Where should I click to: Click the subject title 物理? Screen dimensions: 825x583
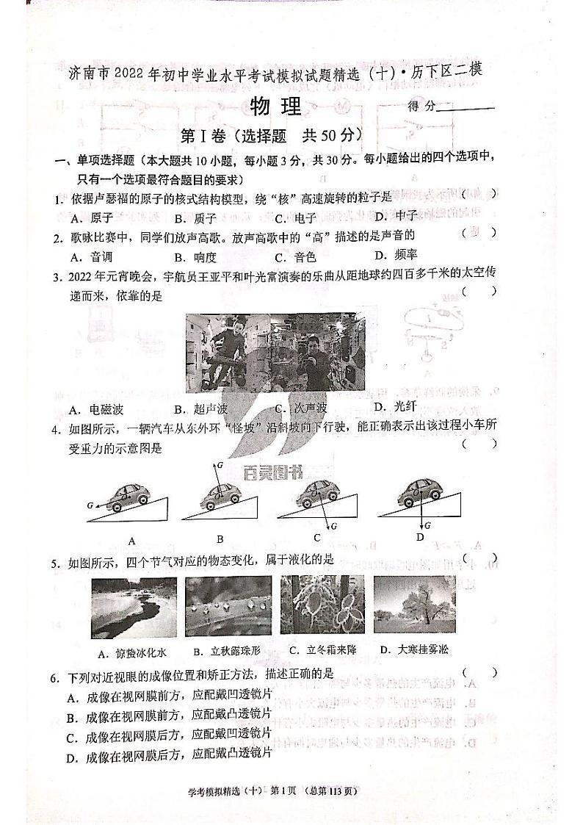point(276,107)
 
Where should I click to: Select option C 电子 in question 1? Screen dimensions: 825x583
point(295,217)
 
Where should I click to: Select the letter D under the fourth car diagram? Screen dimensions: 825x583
point(420,537)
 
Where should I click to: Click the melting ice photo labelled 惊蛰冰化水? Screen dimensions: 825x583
point(134,608)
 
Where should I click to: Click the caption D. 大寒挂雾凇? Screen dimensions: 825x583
point(413,649)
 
